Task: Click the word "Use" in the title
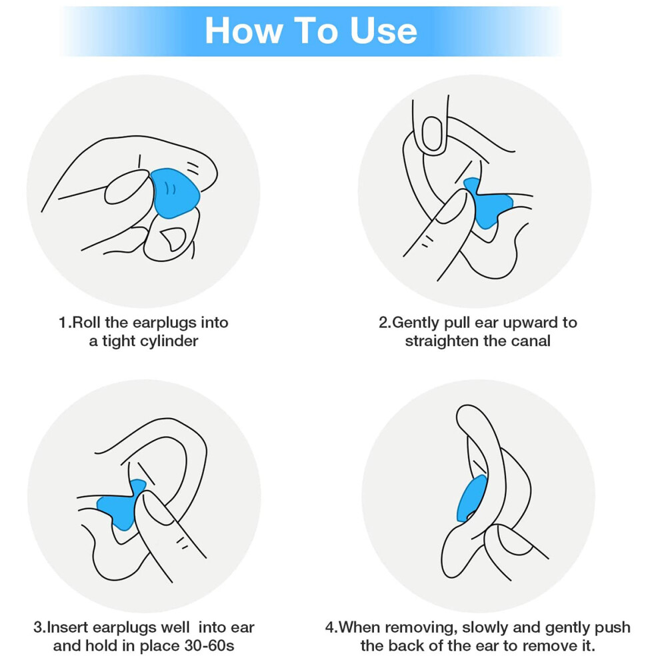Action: tap(383, 30)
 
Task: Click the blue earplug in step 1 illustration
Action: tap(174, 193)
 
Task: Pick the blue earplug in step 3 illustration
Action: tap(121, 504)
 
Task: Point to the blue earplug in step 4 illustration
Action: tap(471, 499)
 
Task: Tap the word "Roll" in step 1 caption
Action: tap(86, 323)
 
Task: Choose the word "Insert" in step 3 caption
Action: tap(67, 627)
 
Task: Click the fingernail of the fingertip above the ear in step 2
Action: tap(431, 133)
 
